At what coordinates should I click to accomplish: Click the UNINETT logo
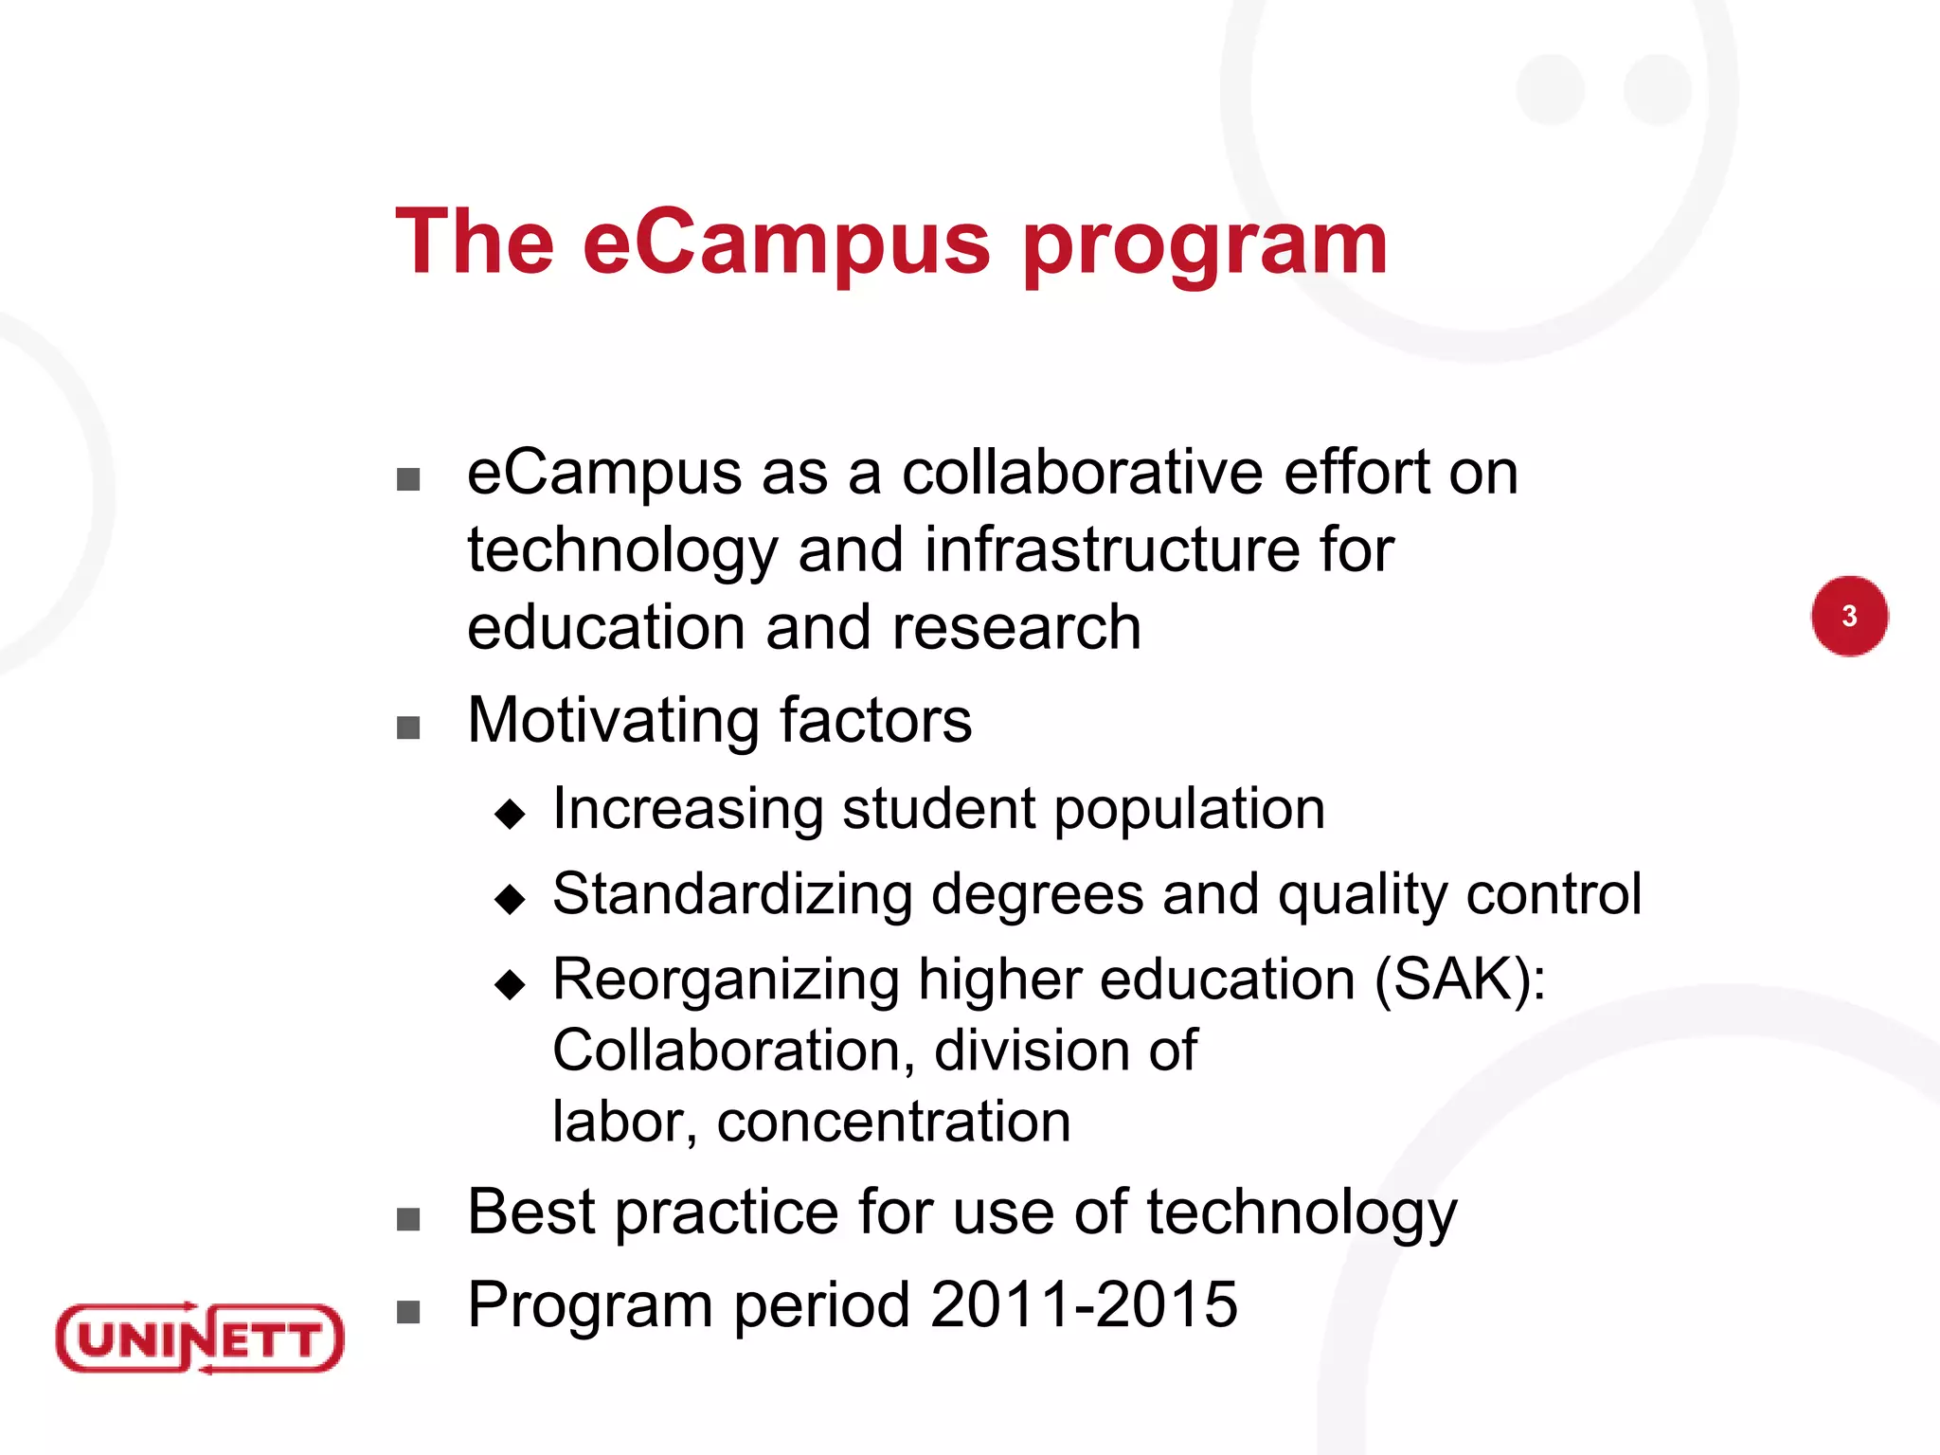coord(200,1338)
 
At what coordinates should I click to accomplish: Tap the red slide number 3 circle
coord(1849,616)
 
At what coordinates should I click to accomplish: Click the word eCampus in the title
coord(786,242)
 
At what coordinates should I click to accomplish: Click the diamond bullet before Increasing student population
coord(510,813)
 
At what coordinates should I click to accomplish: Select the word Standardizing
coord(732,894)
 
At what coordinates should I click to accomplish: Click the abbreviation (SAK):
coord(1460,979)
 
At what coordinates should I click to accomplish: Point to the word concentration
coord(893,1122)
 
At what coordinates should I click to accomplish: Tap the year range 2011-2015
coord(1084,1305)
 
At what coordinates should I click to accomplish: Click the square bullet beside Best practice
coord(408,1219)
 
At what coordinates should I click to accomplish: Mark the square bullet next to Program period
coord(408,1312)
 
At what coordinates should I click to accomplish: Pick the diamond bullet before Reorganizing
coord(510,984)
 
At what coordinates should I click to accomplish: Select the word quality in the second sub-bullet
coord(1362,896)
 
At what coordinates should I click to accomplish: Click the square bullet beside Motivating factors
coord(408,727)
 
